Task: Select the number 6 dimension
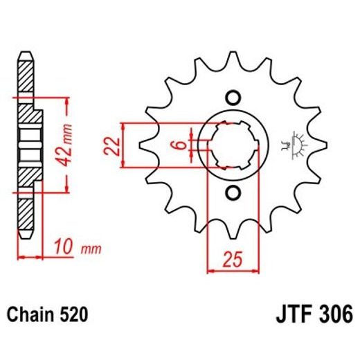point(178,145)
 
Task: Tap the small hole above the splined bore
point(233,96)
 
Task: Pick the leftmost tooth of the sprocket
point(148,145)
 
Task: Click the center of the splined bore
point(233,145)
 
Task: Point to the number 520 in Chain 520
point(73,315)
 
